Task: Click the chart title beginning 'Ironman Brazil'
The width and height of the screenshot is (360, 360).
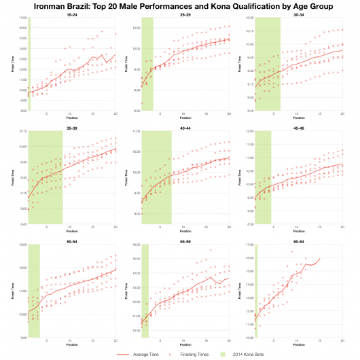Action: pos(180,5)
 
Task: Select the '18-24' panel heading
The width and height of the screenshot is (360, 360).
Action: pos(72,14)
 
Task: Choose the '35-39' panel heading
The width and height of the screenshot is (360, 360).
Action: pos(72,127)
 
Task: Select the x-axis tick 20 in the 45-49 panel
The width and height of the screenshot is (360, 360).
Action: pos(342,228)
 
